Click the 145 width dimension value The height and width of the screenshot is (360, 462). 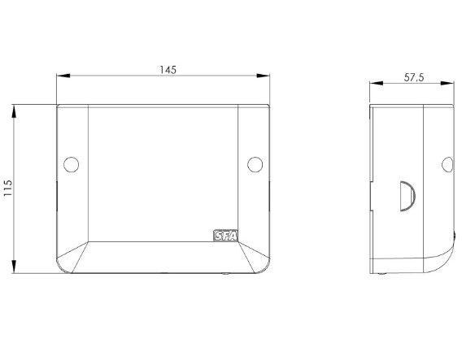coord(168,70)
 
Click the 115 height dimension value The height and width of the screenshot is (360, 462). coord(7,188)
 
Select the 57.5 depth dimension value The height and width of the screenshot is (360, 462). coord(414,77)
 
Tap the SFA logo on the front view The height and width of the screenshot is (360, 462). coord(225,236)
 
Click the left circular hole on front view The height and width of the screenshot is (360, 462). coord(72,164)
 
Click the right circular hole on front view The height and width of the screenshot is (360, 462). coord(255,164)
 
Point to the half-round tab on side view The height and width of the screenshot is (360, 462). coord(408,196)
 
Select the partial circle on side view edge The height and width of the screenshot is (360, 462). coord(447,164)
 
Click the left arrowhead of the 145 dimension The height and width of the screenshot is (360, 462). coord(63,76)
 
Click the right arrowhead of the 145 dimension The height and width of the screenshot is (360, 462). coord(263,76)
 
